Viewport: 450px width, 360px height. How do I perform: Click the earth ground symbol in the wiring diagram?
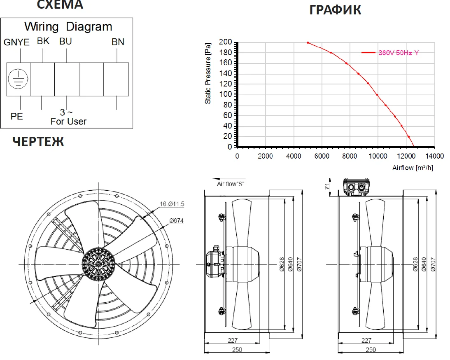click(18, 79)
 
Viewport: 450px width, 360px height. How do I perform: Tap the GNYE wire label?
click(16, 42)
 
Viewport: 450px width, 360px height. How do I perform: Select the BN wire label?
click(118, 42)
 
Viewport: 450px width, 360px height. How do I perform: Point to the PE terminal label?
click(16, 116)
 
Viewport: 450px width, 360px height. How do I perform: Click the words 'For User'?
click(68, 122)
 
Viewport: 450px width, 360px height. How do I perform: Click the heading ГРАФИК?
click(335, 10)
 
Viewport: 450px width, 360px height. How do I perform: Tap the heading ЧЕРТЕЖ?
click(38, 142)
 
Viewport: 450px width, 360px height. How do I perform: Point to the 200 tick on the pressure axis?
click(225, 42)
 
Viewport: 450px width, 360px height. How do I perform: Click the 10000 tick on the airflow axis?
click(378, 156)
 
